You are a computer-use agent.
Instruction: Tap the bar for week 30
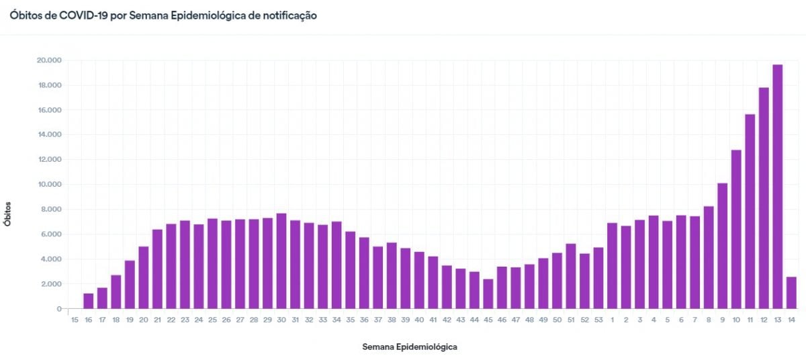click(281, 261)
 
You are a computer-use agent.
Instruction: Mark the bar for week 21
click(157, 269)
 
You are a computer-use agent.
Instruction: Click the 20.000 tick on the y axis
click(49, 60)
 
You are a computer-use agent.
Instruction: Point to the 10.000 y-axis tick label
click(49, 185)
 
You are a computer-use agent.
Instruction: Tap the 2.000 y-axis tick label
click(51, 284)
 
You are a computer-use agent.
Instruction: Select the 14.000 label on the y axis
click(49, 135)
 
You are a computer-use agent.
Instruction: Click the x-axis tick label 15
click(75, 320)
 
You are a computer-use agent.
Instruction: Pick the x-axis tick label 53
click(598, 320)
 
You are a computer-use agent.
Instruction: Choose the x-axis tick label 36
click(364, 320)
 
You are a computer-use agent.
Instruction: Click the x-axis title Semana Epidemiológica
click(410, 347)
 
